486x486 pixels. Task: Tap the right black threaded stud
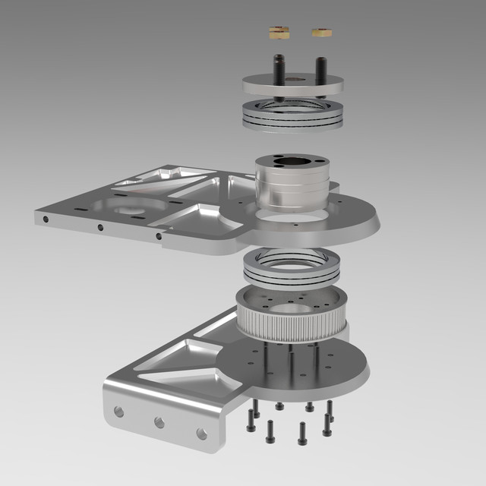coord(321,73)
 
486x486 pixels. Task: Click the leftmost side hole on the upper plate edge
coord(46,219)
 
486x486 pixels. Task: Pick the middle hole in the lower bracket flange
coord(159,421)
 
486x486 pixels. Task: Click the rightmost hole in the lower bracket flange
coord(201,433)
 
